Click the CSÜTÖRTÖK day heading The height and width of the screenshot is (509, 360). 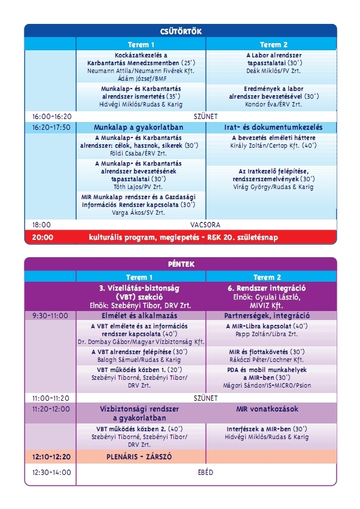tap(180, 31)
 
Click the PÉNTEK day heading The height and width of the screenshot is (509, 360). tap(180, 264)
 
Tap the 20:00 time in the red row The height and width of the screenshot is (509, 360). tap(42, 237)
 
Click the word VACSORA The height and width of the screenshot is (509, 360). tap(206, 225)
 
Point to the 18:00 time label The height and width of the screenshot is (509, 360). tap(41, 225)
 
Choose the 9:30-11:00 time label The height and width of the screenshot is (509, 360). tap(50, 315)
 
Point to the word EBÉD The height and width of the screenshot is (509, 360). tap(206, 473)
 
